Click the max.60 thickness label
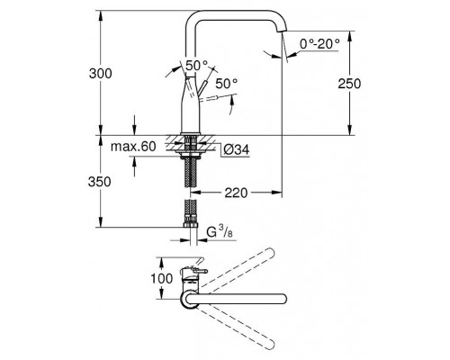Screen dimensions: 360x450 [135, 146]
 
